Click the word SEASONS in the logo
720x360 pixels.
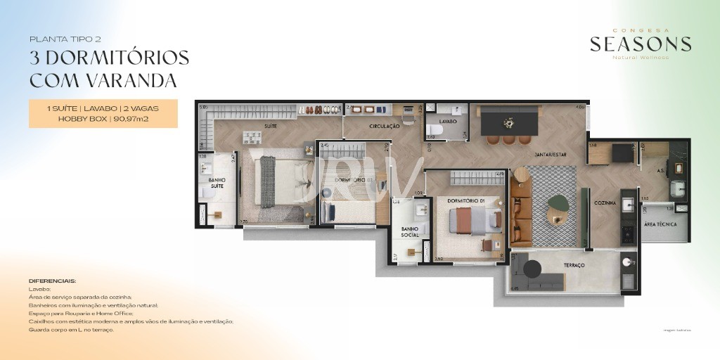coord(640,44)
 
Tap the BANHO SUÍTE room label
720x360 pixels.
coord(217,183)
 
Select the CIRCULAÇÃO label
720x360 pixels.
coord(384,127)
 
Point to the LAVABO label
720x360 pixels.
coord(449,121)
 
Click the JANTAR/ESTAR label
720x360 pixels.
coord(551,154)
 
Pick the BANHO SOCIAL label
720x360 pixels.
coord(410,231)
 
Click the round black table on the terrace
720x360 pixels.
coord(531,269)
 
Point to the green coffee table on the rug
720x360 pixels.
coord(558,202)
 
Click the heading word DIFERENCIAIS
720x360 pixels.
coord(53,281)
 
